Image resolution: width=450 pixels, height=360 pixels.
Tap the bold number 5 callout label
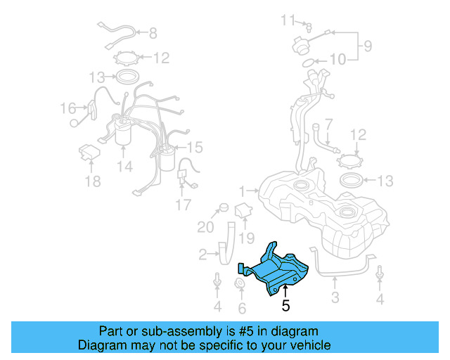tap(285, 306)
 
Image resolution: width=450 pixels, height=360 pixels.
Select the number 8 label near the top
tap(153, 32)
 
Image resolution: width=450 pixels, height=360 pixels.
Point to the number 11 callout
tap(289, 19)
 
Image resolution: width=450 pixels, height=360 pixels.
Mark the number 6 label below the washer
tap(243, 308)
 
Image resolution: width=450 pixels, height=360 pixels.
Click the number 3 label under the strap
tap(335, 298)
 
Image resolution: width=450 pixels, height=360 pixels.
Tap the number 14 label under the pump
tap(124, 167)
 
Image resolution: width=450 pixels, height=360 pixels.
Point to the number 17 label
tap(183, 205)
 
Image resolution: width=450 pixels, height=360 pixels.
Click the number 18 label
tap(92, 182)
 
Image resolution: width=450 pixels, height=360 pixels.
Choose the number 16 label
tap(67, 108)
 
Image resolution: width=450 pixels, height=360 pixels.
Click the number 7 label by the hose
tap(328, 123)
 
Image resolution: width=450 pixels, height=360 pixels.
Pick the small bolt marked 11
tap(307, 26)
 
